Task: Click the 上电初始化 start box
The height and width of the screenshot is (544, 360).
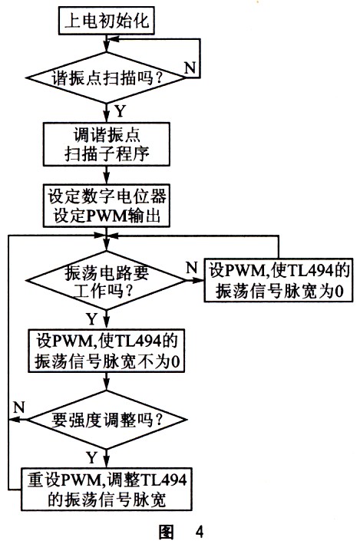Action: pyautogui.click(x=106, y=21)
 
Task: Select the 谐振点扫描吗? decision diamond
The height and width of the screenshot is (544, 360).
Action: pyautogui.click(x=106, y=77)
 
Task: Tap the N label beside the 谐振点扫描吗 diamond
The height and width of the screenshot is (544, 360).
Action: pyautogui.click(x=190, y=68)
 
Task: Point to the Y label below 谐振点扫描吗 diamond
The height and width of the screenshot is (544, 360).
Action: pyautogui.click(x=120, y=111)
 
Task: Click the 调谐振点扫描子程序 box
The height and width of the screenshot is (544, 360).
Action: pyautogui.click(x=106, y=144)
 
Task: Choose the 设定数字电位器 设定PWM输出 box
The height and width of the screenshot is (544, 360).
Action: pyautogui.click(x=106, y=206)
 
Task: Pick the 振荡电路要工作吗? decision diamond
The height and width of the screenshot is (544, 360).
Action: pyautogui.click(x=106, y=280)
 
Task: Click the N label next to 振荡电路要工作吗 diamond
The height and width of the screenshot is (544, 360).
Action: pyautogui.click(x=192, y=268)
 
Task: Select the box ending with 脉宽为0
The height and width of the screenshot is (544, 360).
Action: pyautogui.click(x=278, y=280)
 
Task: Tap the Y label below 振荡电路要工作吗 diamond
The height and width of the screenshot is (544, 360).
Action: pyautogui.click(x=91, y=318)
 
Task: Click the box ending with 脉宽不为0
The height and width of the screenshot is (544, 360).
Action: pyautogui.click(x=106, y=351)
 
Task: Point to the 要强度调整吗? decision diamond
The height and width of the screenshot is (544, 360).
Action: pyautogui.click(x=106, y=420)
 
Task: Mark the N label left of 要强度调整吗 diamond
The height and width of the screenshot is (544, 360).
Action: pyautogui.click(x=18, y=407)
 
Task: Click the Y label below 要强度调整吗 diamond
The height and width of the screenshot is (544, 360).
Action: pyautogui.click(x=91, y=458)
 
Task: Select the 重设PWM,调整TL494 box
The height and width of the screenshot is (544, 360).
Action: pyautogui.click(x=106, y=489)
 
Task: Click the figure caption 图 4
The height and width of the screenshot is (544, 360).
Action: pyautogui.click(x=181, y=531)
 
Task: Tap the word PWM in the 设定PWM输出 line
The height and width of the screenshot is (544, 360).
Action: pyautogui.click(x=106, y=216)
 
